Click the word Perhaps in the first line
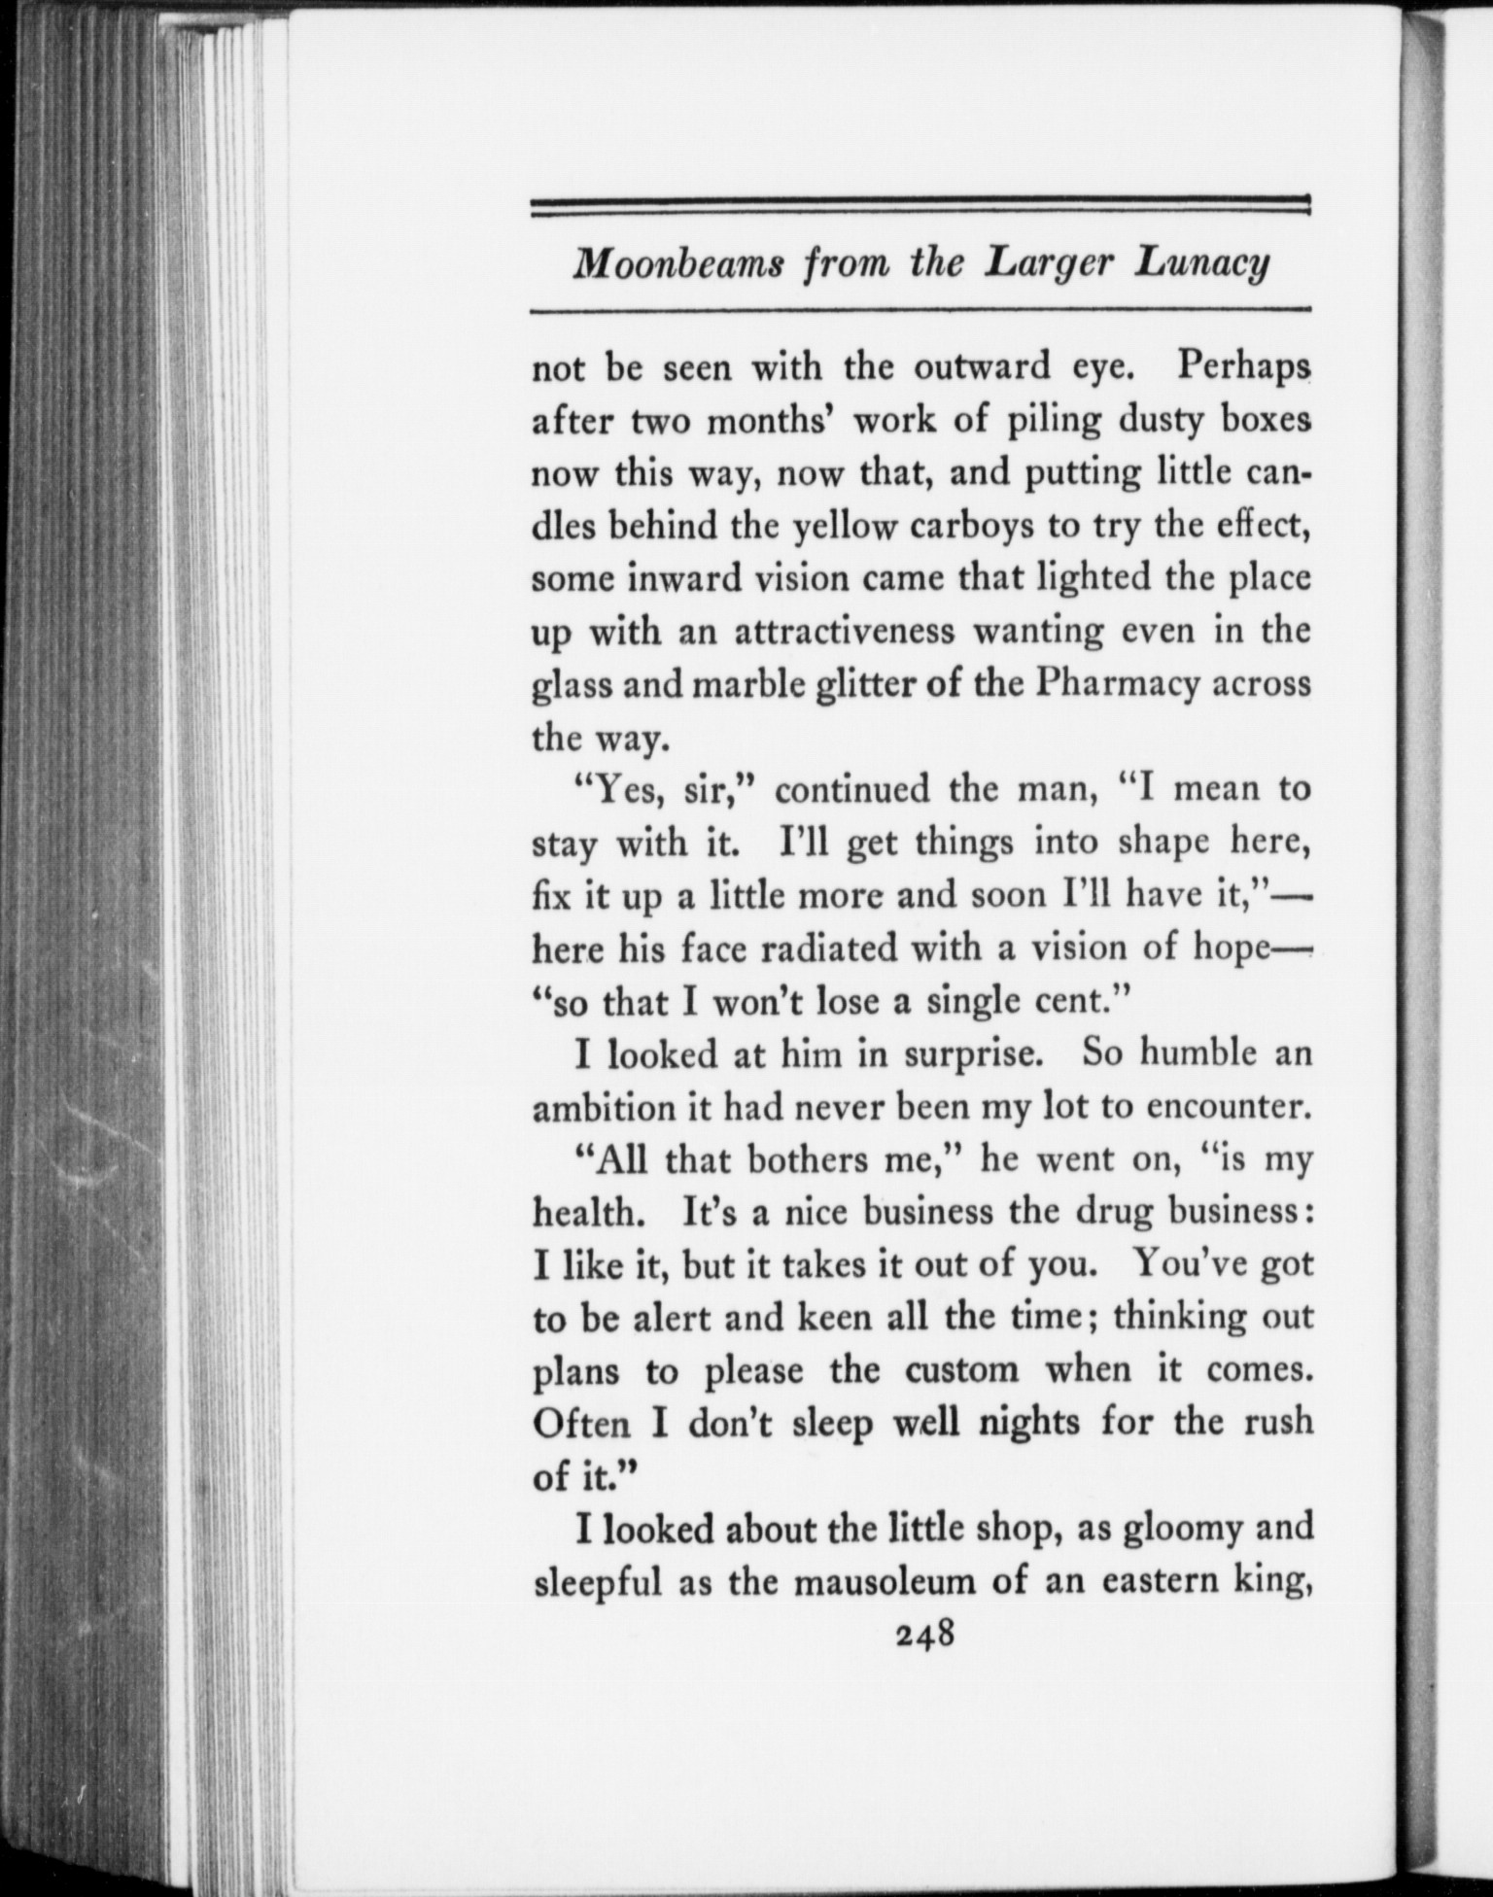[x=1242, y=367]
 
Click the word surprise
[x=968, y=1054]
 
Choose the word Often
[x=581, y=1424]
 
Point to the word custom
[x=962, y=1370]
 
